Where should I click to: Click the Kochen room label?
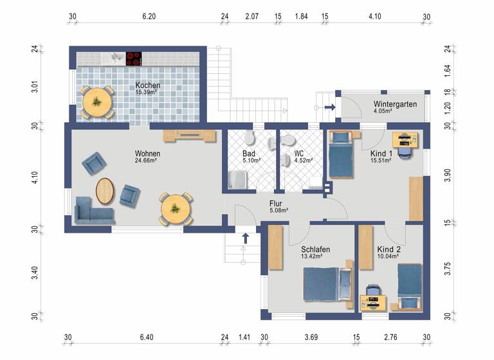coord(147,85)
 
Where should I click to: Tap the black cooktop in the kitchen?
coord(134,59)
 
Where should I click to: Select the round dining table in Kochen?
coord(97,102)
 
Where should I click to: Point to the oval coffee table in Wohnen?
coord(106,190)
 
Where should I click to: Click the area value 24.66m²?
coord(147,161)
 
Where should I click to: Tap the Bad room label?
coord(249,154)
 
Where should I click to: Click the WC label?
coord(299,154)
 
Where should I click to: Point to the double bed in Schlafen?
coord(328,283)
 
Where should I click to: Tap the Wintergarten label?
coord(395,104)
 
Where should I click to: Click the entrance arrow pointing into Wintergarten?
coord(329,107)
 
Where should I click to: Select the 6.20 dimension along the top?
coord(149,17)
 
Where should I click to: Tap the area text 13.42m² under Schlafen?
coord(311,256)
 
